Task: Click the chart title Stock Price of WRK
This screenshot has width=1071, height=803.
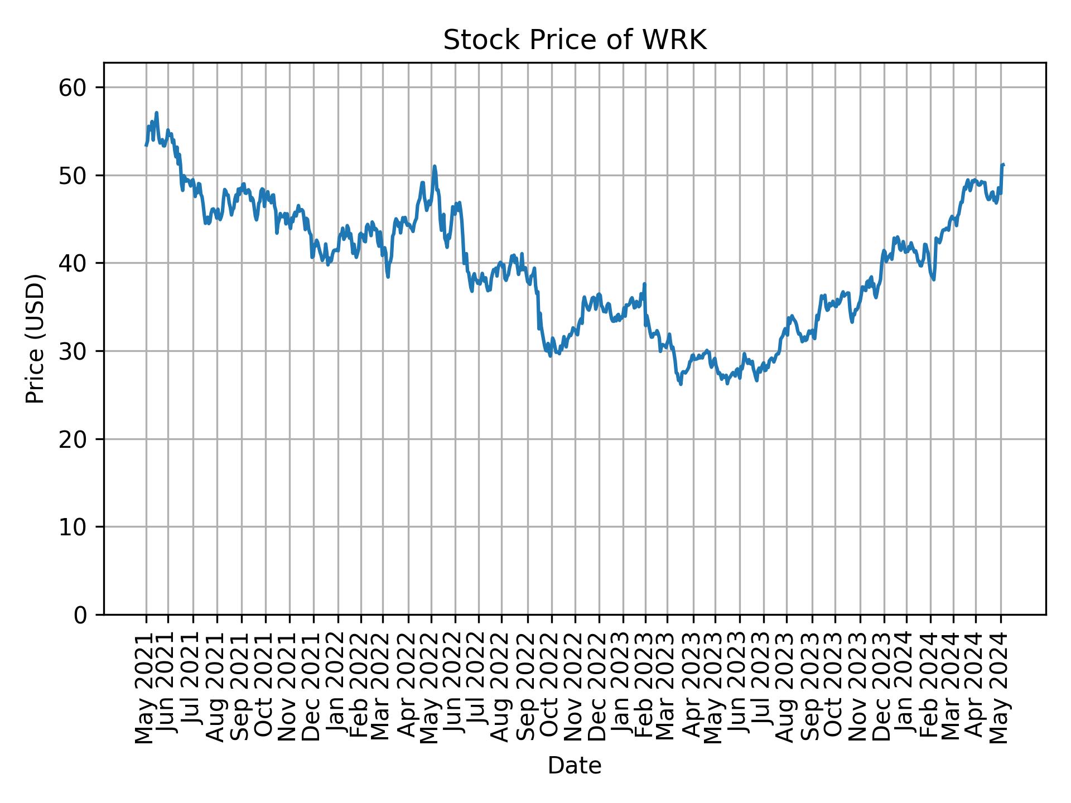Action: (x=575, y=41)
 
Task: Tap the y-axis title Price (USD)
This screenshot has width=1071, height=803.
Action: (x=35, y=338)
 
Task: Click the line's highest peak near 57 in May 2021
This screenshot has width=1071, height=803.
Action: (x=157, y=113)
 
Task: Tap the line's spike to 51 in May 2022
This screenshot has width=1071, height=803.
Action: (x=434, y=166)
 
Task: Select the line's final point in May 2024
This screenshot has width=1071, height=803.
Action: (x=1004, y=165)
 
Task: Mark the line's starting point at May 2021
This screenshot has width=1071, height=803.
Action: (x=146, y=145)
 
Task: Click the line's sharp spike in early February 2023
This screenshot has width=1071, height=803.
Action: (x=645, y=284)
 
